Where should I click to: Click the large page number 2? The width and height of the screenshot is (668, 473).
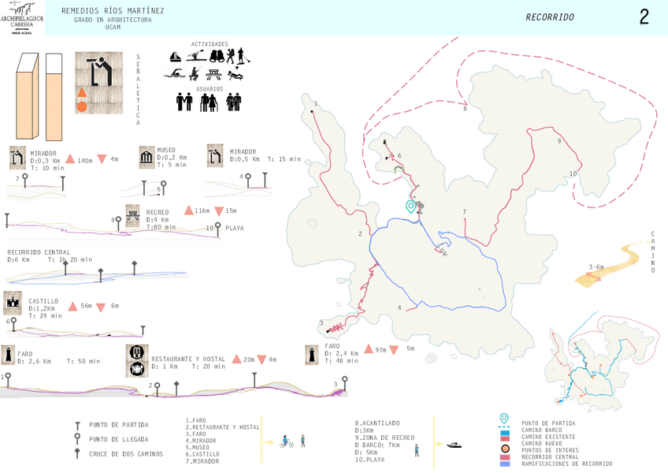tap(644, 17)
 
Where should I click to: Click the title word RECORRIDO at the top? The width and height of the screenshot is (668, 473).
tap(550, 17)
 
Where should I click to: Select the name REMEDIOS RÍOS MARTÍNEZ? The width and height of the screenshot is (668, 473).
tap(113, 11)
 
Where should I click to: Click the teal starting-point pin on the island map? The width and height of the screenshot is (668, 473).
tap(410, 207)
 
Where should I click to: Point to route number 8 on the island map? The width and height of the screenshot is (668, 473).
tap(465, 109)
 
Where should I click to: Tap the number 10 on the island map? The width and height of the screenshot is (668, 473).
tap(573, 173)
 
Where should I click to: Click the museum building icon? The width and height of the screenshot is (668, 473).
tap(147, 158)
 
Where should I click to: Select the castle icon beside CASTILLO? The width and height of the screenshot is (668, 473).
tap(13, 303)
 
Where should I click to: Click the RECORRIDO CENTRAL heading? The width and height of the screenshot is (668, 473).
tap(44, 252)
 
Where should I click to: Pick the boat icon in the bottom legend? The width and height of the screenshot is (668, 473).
tap(455, 445)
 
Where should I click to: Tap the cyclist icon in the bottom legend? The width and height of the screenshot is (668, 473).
tap(286, 442)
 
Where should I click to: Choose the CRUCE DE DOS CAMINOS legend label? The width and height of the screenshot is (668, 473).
tap(126, 453)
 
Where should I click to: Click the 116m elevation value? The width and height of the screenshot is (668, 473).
tap(202, 211)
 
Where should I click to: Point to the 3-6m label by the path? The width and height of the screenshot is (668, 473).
tap(596, 267)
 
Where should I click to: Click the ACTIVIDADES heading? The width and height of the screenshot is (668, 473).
tap(210, 44)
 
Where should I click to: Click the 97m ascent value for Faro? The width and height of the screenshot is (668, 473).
tap(380, 349)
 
